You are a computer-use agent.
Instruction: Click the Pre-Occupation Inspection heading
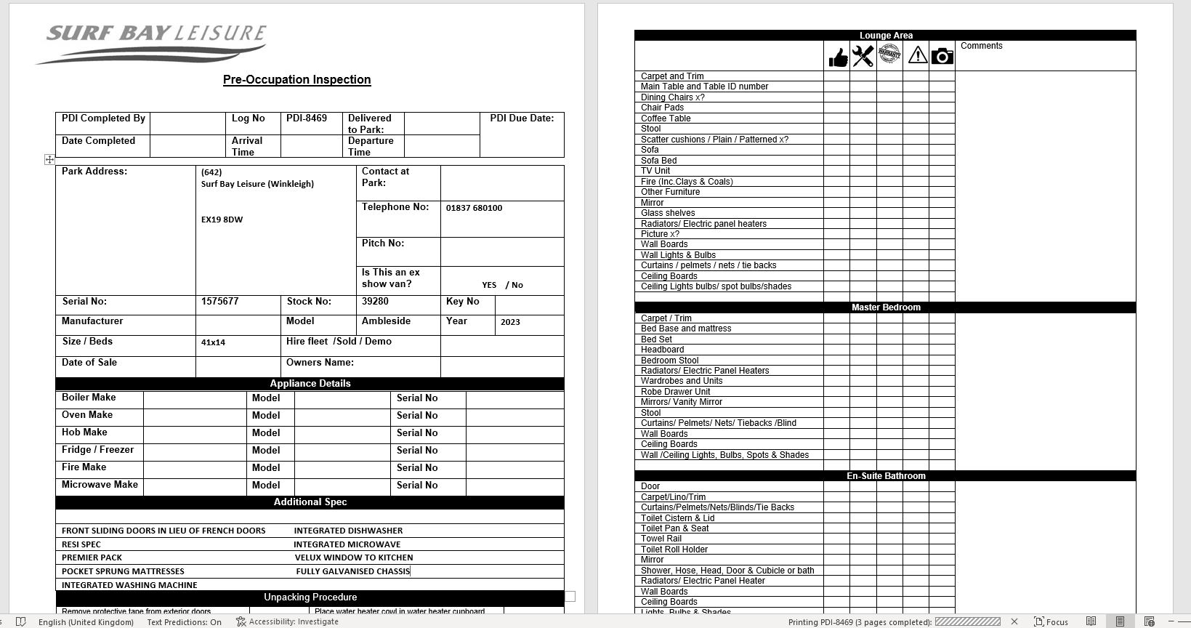pyautogui.click(x=296, y=80)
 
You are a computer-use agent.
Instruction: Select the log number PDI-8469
pyautogui.click(x=307, y=118)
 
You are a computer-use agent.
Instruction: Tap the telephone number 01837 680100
pyautogui.click(x=474, y=208)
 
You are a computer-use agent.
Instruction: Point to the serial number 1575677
pyautogui.click(x=220, y=302)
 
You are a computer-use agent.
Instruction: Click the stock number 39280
pyautogui.click(x=375, y=302)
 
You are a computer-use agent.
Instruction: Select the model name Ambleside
pyautogui.click(x=386, y=321)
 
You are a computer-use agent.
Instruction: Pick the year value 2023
pyautogui.click(x=510, y=322)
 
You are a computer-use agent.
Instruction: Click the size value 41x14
pyautogui.click(x=213, y=342)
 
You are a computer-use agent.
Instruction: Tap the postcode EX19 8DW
pyautogui.click(x=222, y=220)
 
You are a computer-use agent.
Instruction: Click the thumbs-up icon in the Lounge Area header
pyautogui.click(x=838, y=57)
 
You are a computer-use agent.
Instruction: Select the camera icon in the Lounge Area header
pyautogui.click(x=942, y=56)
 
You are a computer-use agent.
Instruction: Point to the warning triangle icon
pyautogui.click(x=917, y=55)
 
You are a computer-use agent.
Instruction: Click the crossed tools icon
pyautogui.click(x=863, y=56)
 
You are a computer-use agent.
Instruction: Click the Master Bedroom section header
pyautogui.click(x=885, y=307)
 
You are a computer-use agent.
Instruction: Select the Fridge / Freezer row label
pyautogui.click(x=97, y=450)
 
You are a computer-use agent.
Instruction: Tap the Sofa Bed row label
pyautogui.click(x=658, y=161)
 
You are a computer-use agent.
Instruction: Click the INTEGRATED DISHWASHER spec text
pyautogui.click(x=348, y=531)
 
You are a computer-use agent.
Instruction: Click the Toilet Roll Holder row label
pyautogui.click(x=674, y=549)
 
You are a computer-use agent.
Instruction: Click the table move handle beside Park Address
pyautogui.click(x=49, y=159)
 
